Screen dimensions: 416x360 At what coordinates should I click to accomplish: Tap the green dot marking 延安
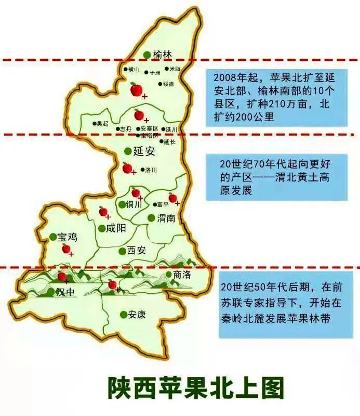tap(128, 151)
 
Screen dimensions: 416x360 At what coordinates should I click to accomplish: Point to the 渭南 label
tap(166, 218)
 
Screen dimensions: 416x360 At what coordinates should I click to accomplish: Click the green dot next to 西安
tap(122, 251)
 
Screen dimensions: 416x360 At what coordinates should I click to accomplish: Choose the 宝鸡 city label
tap(67, 237)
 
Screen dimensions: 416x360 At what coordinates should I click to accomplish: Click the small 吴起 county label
tap(102, 124)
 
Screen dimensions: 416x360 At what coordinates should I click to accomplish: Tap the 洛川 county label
tap(151, 170)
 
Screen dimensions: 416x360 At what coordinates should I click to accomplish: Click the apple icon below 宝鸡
tap(66, 249)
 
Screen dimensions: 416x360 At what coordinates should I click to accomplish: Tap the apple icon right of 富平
tap(173, 198)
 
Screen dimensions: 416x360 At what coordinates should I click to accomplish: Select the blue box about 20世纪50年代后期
tap(275, 302)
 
